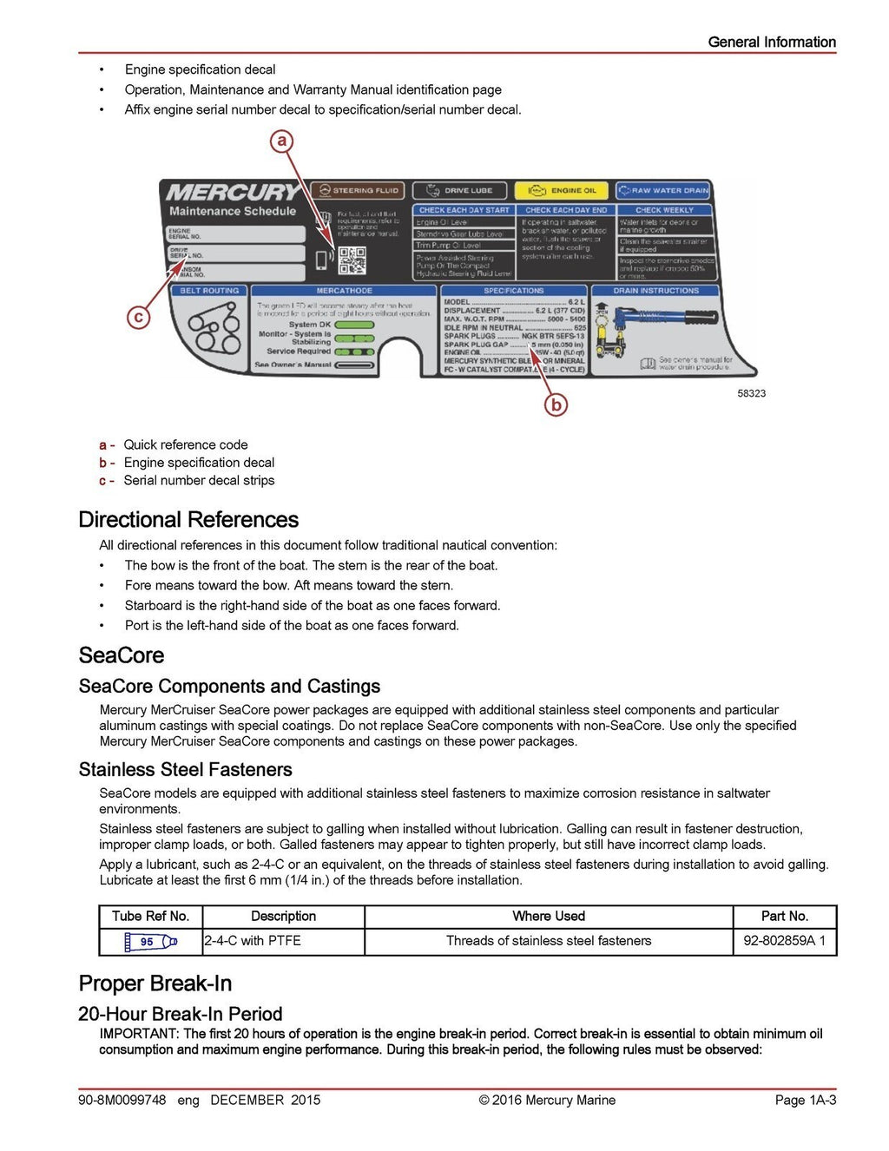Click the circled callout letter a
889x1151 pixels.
281,141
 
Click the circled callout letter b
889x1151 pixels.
556,404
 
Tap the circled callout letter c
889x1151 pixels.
138,317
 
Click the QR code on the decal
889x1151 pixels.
352,260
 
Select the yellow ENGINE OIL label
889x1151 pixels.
563,190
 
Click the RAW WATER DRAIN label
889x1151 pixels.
663,190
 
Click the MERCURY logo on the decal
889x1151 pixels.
233,192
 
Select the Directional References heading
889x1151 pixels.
188,520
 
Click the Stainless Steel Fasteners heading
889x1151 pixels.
185,770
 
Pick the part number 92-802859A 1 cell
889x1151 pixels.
784,941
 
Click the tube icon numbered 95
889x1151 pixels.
150,941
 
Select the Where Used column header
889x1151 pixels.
548,917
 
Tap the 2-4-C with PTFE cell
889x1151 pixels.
253,941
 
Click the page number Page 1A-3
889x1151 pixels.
805,1101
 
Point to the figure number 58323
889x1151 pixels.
751,393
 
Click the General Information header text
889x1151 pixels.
771,42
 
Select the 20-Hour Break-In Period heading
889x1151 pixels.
180,1014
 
